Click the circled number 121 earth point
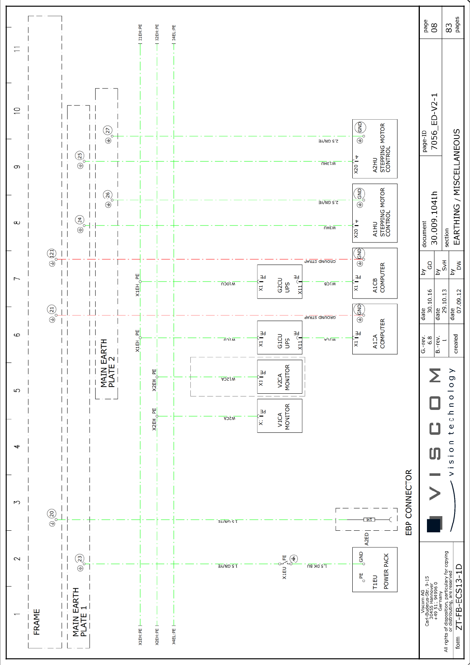coord(52,253)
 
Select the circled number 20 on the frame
coord(52,514)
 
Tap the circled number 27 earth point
coord(108,130)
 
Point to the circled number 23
coord(80,558)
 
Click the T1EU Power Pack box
coord(374,569)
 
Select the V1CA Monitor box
coord(280,416)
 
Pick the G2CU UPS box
coord(280,282)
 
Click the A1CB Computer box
coord(374,273)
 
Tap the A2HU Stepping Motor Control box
coord(374,149)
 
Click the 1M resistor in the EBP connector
coord(369,520)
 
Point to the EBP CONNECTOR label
coord(409,502)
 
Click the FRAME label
coord(37,622)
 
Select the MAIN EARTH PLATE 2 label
coord(107,363)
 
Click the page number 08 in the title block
coord(434,27)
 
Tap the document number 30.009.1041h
coord(434,218)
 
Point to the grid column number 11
coord(17,49)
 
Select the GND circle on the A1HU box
coord(359,194)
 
